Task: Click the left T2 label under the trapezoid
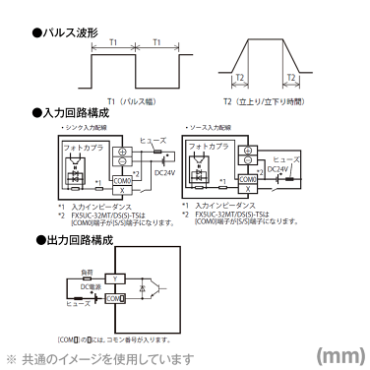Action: tap(239, 78)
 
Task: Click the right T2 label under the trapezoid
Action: tap(290, 78)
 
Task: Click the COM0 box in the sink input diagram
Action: tap(122, 180)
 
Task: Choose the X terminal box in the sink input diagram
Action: tap(122, 190)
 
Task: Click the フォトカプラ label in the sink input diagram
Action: tap(80, 146)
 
